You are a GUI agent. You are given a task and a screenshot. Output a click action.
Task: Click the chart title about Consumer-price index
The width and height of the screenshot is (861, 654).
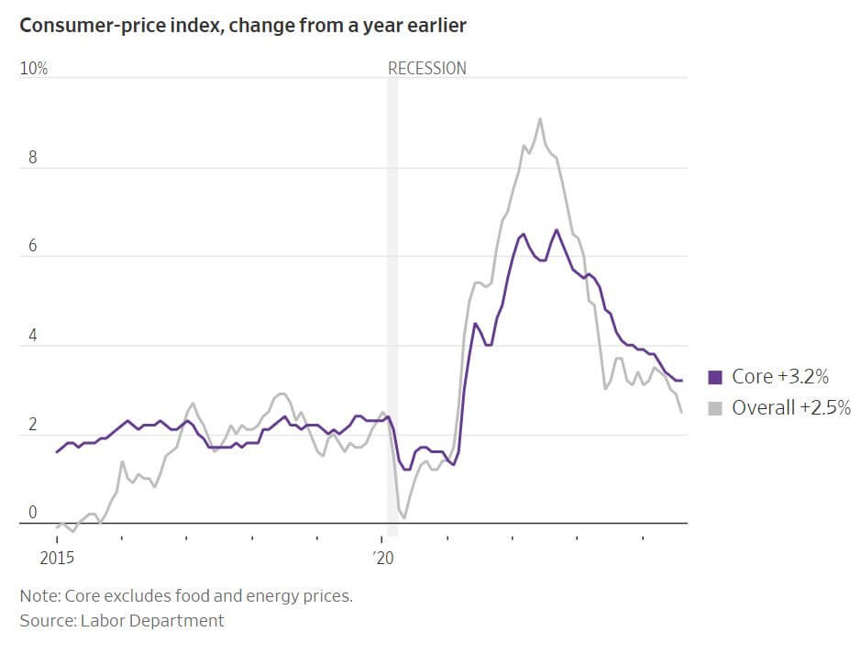pos(243,26)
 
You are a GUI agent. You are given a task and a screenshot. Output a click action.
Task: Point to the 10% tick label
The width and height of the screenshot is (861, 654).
pos(34,69)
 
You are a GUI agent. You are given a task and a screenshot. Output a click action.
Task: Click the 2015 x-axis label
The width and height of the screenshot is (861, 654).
pos(57,557)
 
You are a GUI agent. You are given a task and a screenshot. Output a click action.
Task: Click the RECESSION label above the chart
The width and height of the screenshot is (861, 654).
pos(426,69)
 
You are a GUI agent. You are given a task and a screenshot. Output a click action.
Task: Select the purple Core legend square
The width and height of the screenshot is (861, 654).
pos(716,377)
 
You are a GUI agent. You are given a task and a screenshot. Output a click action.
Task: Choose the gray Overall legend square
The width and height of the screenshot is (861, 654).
pos(716,408)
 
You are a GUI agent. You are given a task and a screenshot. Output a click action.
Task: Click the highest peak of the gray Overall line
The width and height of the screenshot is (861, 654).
pos(539,118)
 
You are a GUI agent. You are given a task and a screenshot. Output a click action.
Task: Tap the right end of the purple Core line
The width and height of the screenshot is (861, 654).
pos(680,381)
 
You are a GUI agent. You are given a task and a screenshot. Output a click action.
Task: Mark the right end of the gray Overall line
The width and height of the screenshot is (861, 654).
pos(681,412)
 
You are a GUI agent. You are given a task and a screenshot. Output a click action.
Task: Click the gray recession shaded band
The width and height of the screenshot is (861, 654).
pos(392,303)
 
